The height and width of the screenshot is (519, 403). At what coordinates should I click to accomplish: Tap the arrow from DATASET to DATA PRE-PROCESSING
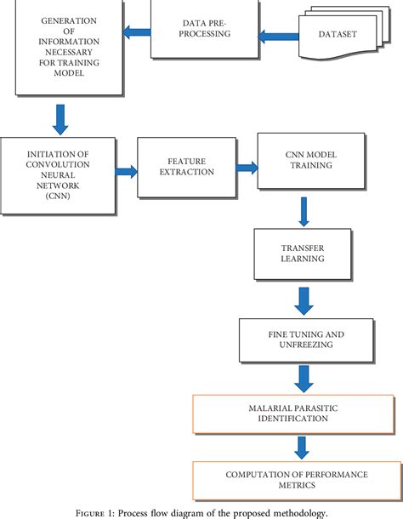click(277, 36)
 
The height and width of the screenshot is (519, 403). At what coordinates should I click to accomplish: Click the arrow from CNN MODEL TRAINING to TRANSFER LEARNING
click(302, 210)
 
